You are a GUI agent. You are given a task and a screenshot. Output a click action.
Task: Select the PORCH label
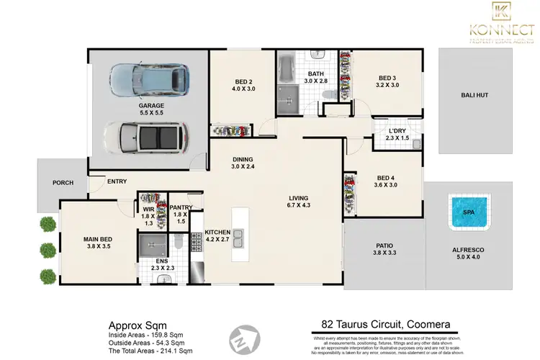click(63, 183)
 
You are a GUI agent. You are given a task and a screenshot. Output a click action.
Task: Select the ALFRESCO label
click(469, 249)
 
